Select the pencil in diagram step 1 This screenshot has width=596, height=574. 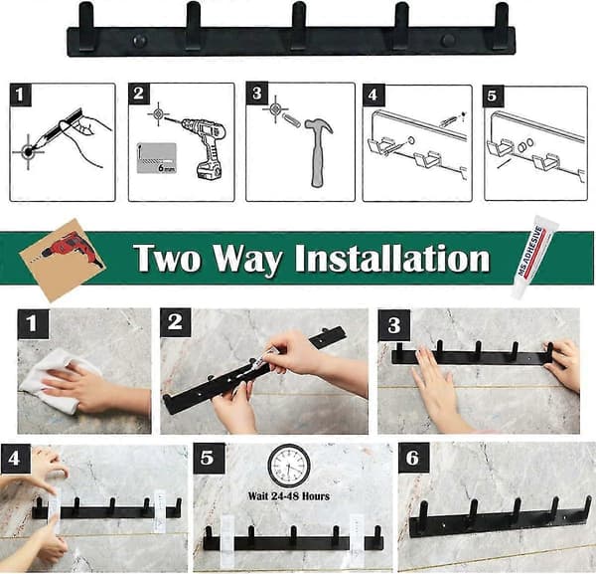(x=57, y=130)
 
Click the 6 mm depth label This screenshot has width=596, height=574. (x=166, y=167)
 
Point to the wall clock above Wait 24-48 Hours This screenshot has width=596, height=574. (x=289, y=466)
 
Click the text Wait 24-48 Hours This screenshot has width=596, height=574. (x=289, y=496)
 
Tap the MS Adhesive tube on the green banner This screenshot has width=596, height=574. (x=531, y=257)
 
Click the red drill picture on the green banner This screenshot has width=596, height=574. (x=63, y=259)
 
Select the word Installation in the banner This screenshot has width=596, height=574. (x=392, y=259)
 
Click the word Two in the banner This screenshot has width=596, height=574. (x=167, y=259)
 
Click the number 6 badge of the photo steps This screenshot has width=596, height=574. (x=413, y=458)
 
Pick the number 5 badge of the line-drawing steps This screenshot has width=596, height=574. (x=493, y=96)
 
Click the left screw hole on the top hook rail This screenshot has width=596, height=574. (x=139, y=40)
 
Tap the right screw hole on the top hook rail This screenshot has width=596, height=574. (x=449, y=40)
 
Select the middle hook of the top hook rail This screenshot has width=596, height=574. (x=299, y=25)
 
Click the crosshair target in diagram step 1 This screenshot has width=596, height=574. (x=28, y=152)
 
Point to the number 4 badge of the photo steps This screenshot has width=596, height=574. (x=15, y=458)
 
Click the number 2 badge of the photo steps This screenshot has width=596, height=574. (x=175, y=322)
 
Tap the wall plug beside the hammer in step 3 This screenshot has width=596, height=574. (x=292, y=120)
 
